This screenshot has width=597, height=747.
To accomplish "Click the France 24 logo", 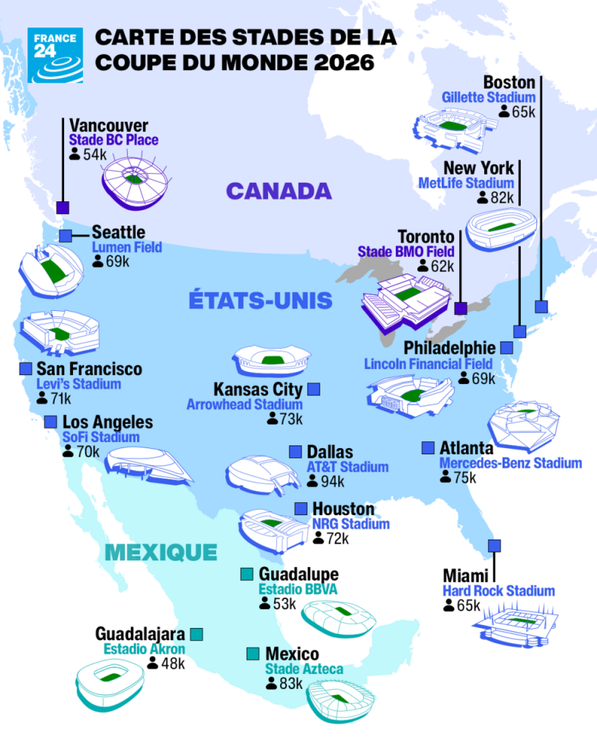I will pos(56,55).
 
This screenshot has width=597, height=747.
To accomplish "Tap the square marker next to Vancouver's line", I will pos(62,207).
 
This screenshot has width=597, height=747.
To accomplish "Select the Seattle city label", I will pos(118,232).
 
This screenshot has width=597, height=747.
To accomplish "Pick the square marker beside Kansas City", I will pos(313,390).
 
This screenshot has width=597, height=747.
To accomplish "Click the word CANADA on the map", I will pos(280,191).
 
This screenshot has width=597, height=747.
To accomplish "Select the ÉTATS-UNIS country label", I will pos(260,300).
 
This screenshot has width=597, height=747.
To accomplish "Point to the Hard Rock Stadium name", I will pos(499,591).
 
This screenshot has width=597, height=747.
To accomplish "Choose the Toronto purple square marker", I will pos(460,308).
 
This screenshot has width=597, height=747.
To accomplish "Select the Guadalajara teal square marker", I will pos(196,633).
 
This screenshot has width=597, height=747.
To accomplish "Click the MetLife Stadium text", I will pos(466,183).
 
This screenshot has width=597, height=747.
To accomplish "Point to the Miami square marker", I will pos(495,545).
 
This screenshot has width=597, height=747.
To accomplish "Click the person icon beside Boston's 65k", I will pos(504,111).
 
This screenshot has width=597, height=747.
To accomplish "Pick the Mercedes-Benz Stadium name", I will pos(510,463).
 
